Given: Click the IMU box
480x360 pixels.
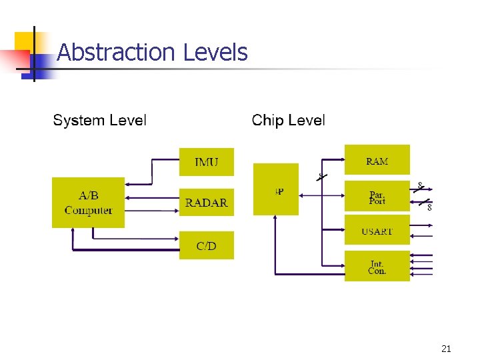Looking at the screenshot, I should (x=207, y=162).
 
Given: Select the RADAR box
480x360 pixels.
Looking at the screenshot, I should (x=207, y=203).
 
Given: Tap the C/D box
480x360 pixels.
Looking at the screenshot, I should (x=207, y=245).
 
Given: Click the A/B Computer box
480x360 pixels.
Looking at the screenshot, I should (x=88, y=203).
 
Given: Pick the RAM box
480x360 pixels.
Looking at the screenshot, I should (x=377, y=160).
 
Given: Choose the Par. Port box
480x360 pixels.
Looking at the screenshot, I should (x=377, y=196).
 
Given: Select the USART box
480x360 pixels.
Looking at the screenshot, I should (x=377, y=231).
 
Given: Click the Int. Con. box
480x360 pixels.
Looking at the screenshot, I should (x=377, y=266).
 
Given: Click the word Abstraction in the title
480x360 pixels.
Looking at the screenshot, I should (x=106, y=52).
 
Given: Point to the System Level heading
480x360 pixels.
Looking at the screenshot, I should (x=99, y=121).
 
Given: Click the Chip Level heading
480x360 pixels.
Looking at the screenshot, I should (x=288, y=121).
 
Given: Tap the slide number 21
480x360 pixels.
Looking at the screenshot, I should (x=446, y=348).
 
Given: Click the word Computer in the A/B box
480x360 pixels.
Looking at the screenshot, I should (x=89, y=211).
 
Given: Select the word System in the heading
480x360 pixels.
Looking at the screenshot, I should (x=78, y=121).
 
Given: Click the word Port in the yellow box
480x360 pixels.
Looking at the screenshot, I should (x=377, y=201).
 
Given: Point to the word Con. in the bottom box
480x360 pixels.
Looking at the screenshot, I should (x=377, y=271).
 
